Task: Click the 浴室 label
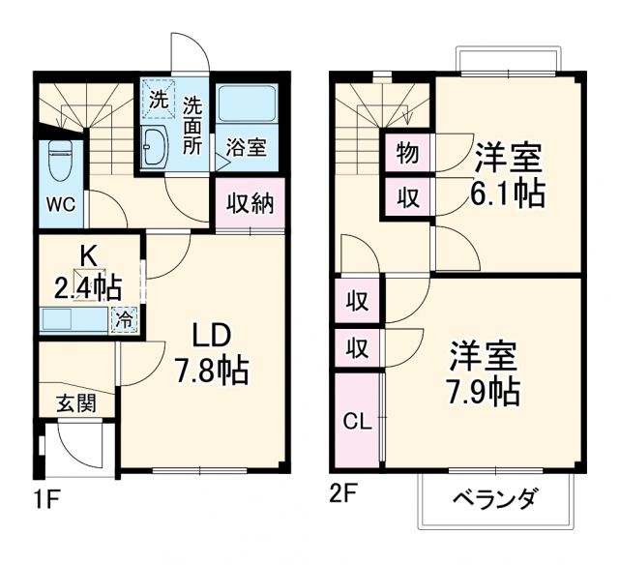(246, 148)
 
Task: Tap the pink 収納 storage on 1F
(251, 203)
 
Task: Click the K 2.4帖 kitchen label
(87, 273)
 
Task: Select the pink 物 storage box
(407, 153)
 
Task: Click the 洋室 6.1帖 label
(507, 174)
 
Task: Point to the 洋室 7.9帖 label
(483, 373)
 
